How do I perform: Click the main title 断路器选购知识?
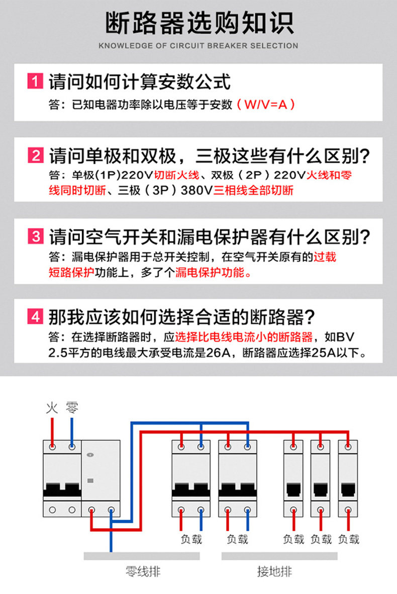[x=198, y=24]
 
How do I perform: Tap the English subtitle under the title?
[x=198, y=46]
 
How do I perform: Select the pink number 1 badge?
[x=35, y=81]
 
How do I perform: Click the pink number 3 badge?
[x=35, y=236]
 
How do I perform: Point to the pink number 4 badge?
[x=35, y=317]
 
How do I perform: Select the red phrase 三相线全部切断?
[x=253, y=190]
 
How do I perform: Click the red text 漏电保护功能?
[x=212, y=273]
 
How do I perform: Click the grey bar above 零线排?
[x=142, y=556]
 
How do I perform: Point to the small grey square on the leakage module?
[x=90, y=481]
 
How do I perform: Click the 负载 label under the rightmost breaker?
[x=348, y=539]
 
